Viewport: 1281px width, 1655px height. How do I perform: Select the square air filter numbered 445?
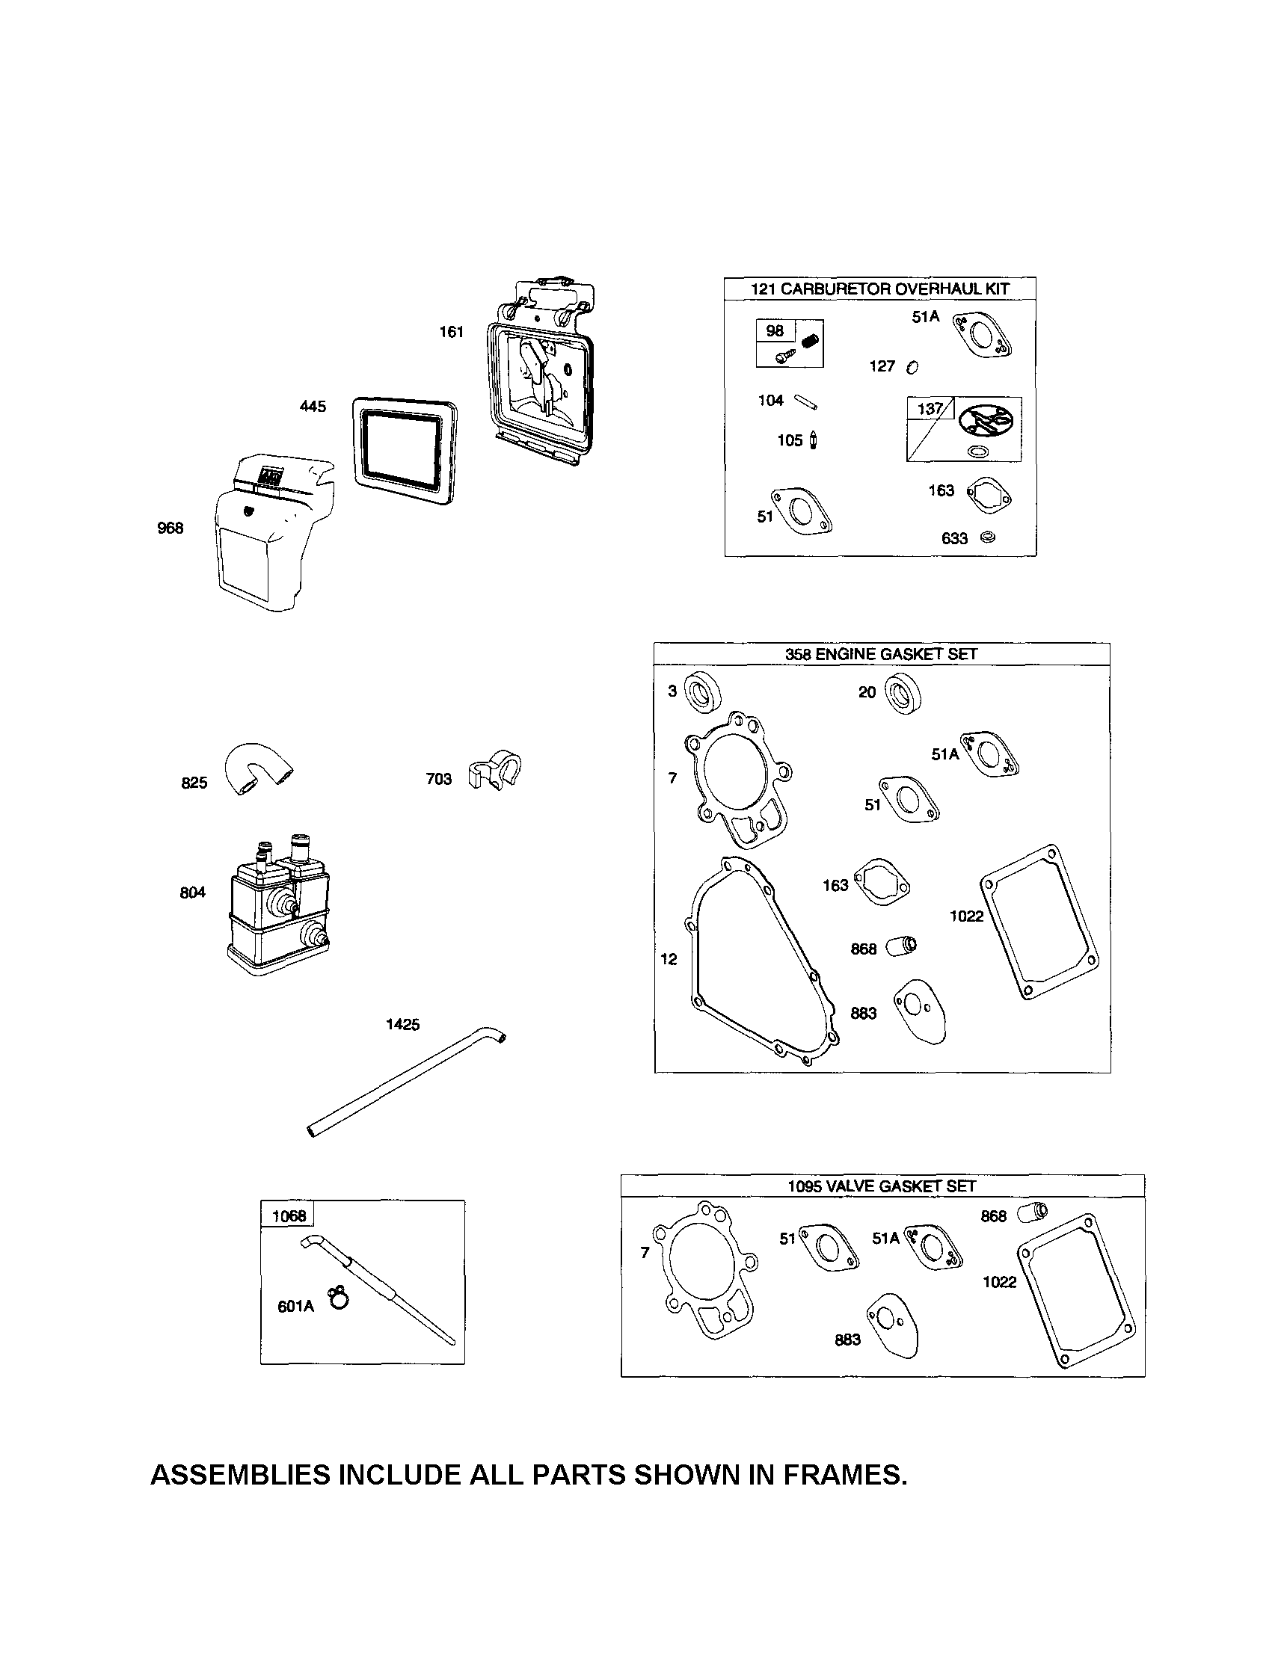(x=405, y=450)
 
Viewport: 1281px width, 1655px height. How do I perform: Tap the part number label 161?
(x=452, y=332)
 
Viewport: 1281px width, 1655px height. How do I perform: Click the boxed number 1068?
(x=289, y=1215)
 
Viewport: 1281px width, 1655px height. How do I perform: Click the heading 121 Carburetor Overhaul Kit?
(x=879, y=289)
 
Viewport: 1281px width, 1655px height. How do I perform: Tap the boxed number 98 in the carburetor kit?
(x=775, y=331)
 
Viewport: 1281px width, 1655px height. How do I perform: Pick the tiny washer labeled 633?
(x=988, y=537)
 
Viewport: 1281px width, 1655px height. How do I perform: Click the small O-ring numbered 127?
(x=912, y=367)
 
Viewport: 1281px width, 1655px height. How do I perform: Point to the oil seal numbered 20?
(x=902, y=693)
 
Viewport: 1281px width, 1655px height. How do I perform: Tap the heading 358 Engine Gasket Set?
(x=881, y=654)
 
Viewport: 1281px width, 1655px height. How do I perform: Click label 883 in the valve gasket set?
(x=847, y=1340)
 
